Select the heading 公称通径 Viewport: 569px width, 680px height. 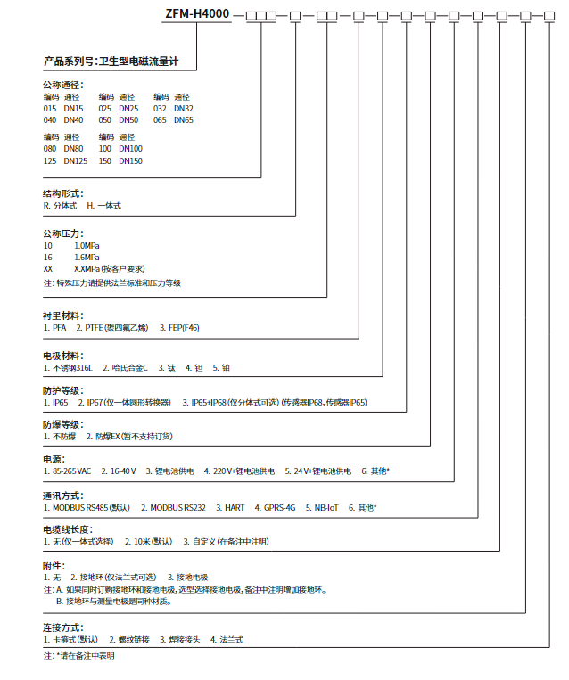pyautogui.click(x=63, y=85)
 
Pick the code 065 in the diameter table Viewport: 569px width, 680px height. pyautogui.click(x=160, y=119)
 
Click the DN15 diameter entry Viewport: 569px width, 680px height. pyautogui.click(x=72, y=108)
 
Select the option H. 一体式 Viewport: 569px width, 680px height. pyautogui.click(x=103, y=205)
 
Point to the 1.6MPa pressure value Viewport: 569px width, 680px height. pyautogui.click(x=87, y=257)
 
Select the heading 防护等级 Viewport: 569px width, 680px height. pyautogui.click(x=63, y=390)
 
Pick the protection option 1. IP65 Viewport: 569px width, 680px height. pyautogui.click(x=55, y=403)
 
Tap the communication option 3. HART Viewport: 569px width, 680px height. pyautogui.click(x=230, y=507)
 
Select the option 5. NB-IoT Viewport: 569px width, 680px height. pyautogui.click(x=322, y=507)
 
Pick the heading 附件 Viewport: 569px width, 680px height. pyautogui.click(x=54, y=566)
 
